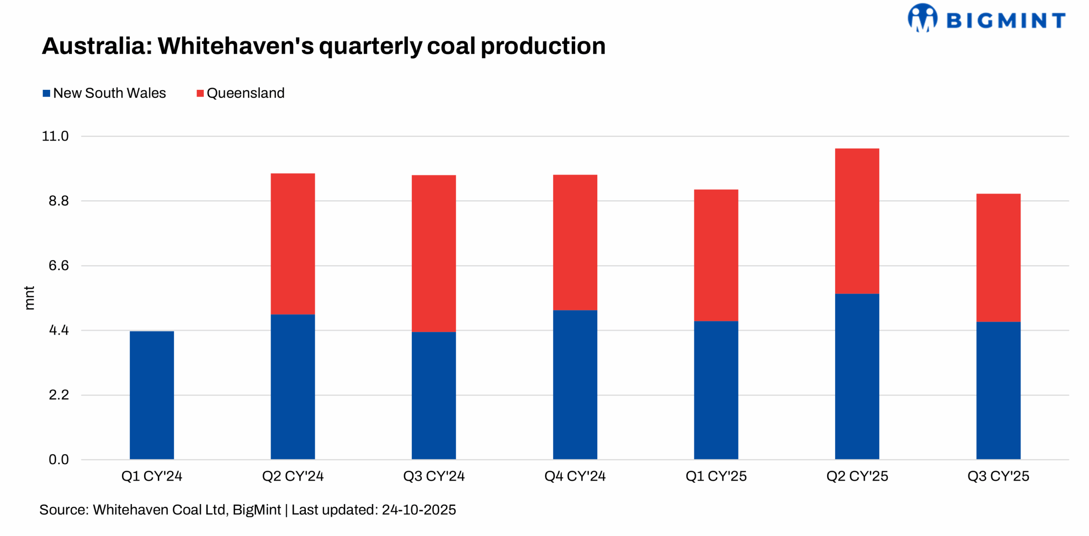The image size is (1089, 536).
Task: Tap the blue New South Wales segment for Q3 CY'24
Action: [433, 395]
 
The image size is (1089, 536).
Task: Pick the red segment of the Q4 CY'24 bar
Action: [575, 242]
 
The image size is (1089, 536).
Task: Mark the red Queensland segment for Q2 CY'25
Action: [857, 221]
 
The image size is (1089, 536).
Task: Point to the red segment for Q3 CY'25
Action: [998, 258]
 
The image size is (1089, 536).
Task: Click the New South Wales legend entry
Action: [109, 93]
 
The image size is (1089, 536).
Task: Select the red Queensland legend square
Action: [200, 94]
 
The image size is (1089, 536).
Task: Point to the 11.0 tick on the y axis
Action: [55, 137]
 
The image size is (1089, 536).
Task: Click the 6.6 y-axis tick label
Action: [59, 266]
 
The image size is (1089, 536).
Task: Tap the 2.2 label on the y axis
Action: [59, 395]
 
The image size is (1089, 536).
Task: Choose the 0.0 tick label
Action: [59, 460]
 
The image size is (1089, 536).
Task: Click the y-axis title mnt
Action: [29, 298]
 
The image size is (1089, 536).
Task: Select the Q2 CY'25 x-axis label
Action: [857, 476]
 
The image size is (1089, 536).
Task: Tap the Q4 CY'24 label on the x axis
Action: [575, 476]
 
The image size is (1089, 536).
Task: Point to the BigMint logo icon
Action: [922, 18]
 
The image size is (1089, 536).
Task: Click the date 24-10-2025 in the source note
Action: [419, 510]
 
